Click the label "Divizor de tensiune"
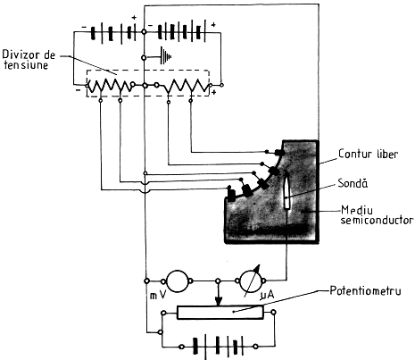(x=29, y=60)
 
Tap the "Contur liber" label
(x=368, y=154)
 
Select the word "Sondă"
(x=353, y=183)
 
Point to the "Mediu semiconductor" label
(x=377, y=215)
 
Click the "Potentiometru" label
(x=365, y=290)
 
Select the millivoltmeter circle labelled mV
(x=178, y=281)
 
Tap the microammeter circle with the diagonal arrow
(x=251, y=281)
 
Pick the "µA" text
(x=267, y=296)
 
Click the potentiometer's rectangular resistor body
(x=220, y=313)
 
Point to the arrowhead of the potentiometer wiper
(x=219, y=302)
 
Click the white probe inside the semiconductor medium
(x=287, y=190)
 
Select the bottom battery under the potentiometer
(x=219, y=347)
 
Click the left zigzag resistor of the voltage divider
(x=110, y=87)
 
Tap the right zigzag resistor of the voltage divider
(x=186, y=86)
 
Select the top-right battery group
(x=181, y=31)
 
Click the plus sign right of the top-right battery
(x=213, y=25)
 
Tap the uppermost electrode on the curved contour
(x=278, y=153)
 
